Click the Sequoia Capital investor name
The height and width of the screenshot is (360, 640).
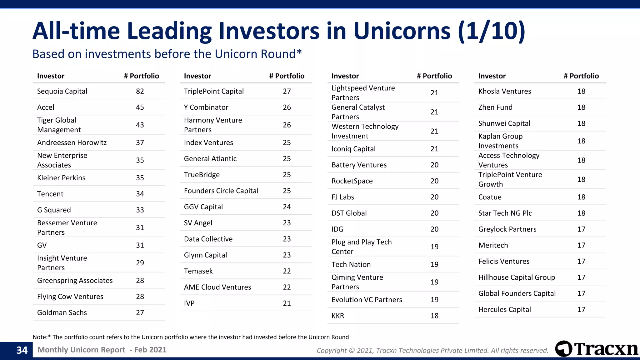62,91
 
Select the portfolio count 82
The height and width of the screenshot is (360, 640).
140,91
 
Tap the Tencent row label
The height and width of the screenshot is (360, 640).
50,194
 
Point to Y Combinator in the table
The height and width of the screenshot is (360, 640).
206,107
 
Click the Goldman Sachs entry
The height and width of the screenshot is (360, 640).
62,312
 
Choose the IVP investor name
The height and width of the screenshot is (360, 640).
189,303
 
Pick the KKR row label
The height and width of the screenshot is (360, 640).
337,316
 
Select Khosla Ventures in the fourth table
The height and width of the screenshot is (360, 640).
504,91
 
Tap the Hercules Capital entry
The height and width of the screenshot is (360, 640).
504,310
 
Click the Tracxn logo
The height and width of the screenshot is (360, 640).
596,349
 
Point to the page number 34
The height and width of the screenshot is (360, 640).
22,350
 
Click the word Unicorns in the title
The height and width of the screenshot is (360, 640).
402,31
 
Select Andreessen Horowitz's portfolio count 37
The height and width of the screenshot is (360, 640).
140,143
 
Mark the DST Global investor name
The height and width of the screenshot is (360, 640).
349,213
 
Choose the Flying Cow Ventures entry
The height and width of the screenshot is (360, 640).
70,297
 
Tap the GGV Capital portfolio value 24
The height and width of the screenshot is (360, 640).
287,207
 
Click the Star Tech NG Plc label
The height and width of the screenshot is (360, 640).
505,213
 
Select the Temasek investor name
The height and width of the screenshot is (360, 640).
198,271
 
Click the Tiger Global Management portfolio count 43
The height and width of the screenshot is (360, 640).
140,125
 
